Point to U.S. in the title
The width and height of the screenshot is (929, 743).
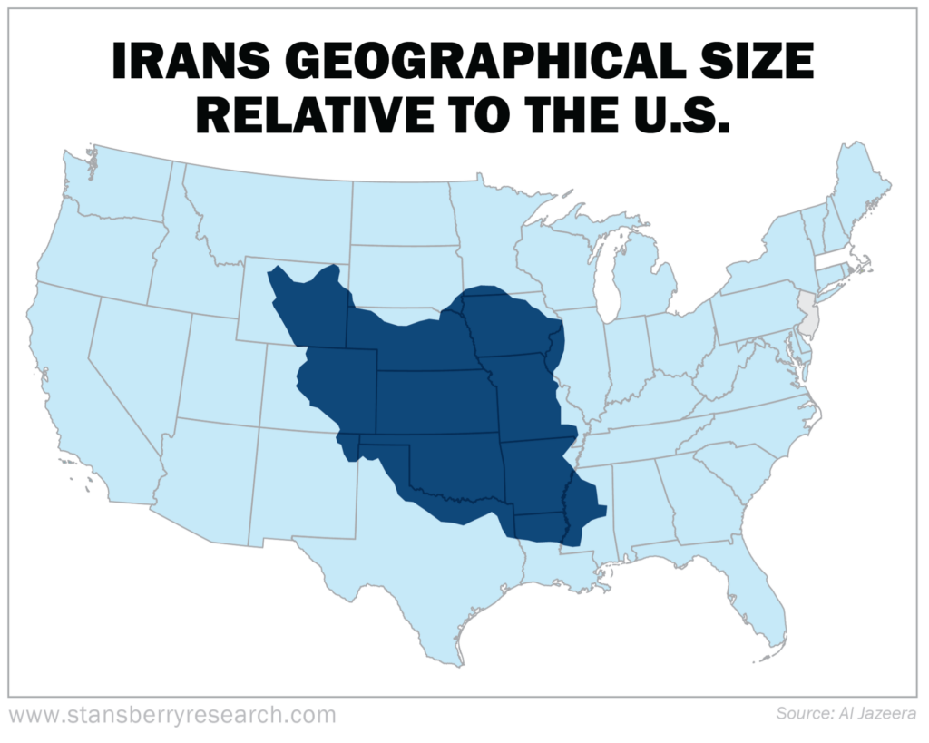click(672, 115)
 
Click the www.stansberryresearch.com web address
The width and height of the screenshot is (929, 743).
click(171, 714)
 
